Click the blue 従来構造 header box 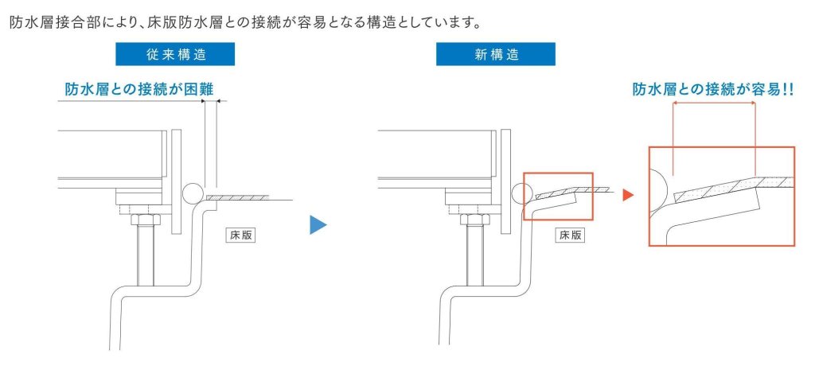(175, 54)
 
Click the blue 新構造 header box (495, 54)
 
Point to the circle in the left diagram (191, 193)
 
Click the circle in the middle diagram (521, 193)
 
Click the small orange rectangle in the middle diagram (557, 196)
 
